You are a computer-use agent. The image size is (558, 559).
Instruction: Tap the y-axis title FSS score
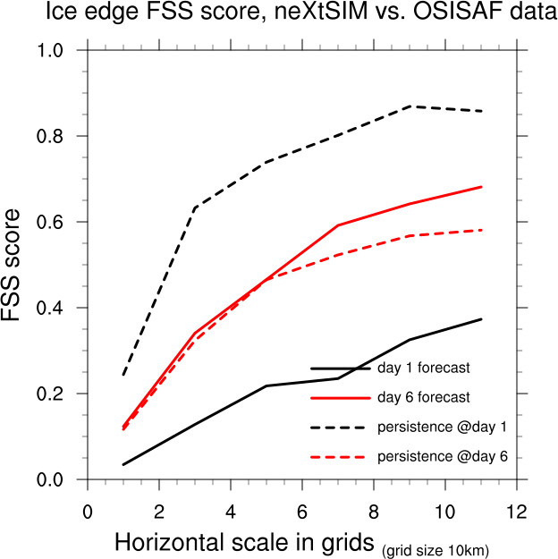click(x=16, y=266)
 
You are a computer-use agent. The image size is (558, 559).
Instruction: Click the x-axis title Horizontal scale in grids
click(x=244, y=543)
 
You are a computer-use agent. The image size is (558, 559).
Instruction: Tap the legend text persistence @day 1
click(x=443, y=426)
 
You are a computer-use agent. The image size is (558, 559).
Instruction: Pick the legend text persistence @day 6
click(x=443, y=456)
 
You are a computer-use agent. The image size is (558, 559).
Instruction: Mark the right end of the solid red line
click(x=481, y=187)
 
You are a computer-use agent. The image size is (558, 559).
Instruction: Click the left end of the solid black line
click(x=123, y=464)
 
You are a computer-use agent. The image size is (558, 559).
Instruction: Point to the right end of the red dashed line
click(x=481, y=230)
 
